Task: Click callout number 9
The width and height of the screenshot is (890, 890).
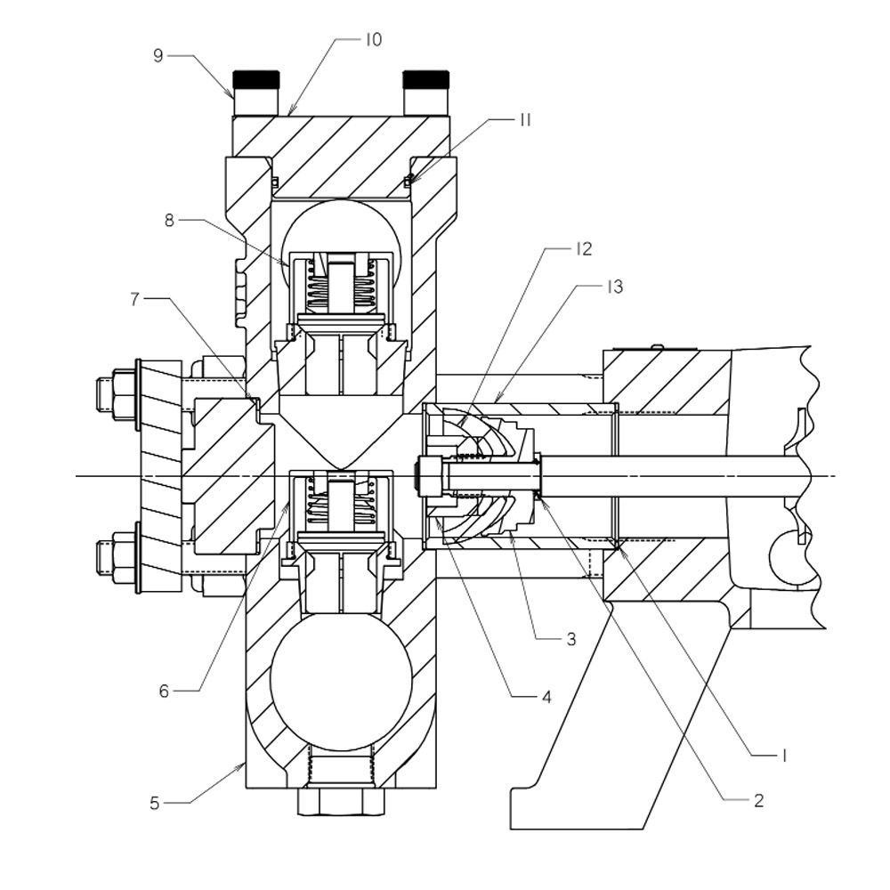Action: click(158, 55)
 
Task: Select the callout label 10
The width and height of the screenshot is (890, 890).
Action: click(372, 40)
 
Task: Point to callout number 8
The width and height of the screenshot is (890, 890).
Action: click(169, 220)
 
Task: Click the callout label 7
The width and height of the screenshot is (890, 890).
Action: click(134, 299)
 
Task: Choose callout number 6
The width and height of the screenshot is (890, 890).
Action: click(164, 691)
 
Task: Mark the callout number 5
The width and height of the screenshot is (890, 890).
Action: click(154, 803)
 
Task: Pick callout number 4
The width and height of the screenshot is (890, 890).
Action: click(546, 697)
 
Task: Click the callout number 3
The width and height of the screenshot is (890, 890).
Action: click(570, 639)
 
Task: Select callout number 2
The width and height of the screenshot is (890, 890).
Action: click(758, 800)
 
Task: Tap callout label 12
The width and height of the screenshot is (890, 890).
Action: click(583, 249)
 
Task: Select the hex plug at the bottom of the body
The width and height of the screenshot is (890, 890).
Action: click(342, 801)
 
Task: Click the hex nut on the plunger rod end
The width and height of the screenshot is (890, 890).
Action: click(429, 476)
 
